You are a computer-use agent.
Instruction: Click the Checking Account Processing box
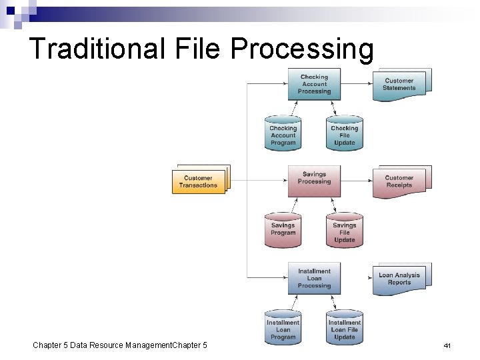(314, 84)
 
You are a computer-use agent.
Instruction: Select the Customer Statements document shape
(399, 85)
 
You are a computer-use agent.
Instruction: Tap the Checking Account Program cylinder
(283, 135)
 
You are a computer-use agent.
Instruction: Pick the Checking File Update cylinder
(344, 135)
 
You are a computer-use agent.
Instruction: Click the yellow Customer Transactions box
(199, 181)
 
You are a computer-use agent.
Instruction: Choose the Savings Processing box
(314, 178)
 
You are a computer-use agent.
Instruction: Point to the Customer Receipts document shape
(399, 181)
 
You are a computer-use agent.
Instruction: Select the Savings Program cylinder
(283, 230)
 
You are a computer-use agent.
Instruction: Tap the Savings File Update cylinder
(344, 231)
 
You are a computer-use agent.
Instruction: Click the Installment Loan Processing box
(314, 278)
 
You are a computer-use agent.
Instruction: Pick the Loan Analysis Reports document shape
(399, 279)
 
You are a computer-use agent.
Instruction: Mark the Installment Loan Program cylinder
(283, 328)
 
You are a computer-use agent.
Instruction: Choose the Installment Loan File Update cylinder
(344, 328)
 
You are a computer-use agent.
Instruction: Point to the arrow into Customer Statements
(357, 84)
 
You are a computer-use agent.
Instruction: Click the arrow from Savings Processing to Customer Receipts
(357, 180)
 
